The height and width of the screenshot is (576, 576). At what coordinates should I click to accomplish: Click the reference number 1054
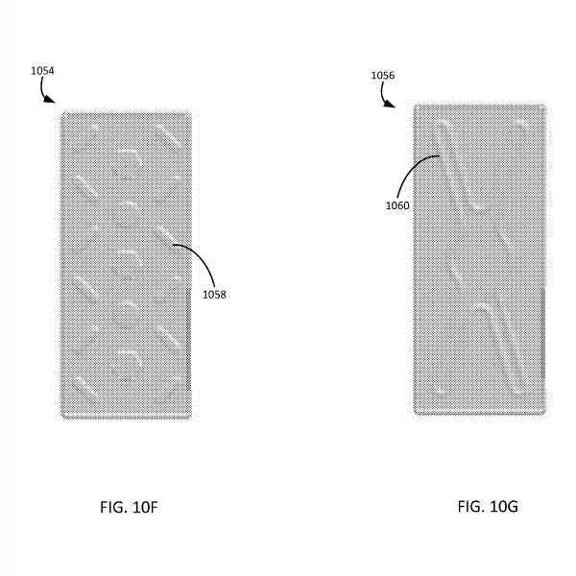click(x=42, y=71)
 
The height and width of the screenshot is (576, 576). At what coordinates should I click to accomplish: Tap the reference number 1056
click(x=383, y=75)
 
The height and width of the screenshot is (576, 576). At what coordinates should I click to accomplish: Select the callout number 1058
click(x=214, y=295)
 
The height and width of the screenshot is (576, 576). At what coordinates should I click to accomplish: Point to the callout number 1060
click(x=397, y=205)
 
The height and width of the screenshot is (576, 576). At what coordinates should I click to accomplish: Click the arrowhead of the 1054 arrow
click(x=50, y=99)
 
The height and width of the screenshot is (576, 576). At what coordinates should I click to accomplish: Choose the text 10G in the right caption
click(x=504, y=507)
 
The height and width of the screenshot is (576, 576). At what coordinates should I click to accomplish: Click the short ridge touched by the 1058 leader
click(x=166, y=235)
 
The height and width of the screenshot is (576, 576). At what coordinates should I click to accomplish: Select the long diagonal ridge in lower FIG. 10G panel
click(x=501, y=348)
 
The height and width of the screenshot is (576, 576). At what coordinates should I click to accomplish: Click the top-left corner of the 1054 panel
click(x=61, y=112)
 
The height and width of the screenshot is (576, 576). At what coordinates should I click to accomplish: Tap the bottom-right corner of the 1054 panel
click(x=191, y=418)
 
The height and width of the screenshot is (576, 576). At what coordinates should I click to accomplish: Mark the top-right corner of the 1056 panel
click(x=546, y=105)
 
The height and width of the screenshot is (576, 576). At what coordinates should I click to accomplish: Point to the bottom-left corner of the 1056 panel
click(x=415, y=415)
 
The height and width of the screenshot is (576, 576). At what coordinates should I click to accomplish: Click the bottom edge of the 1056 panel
click(x=480, y=414)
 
